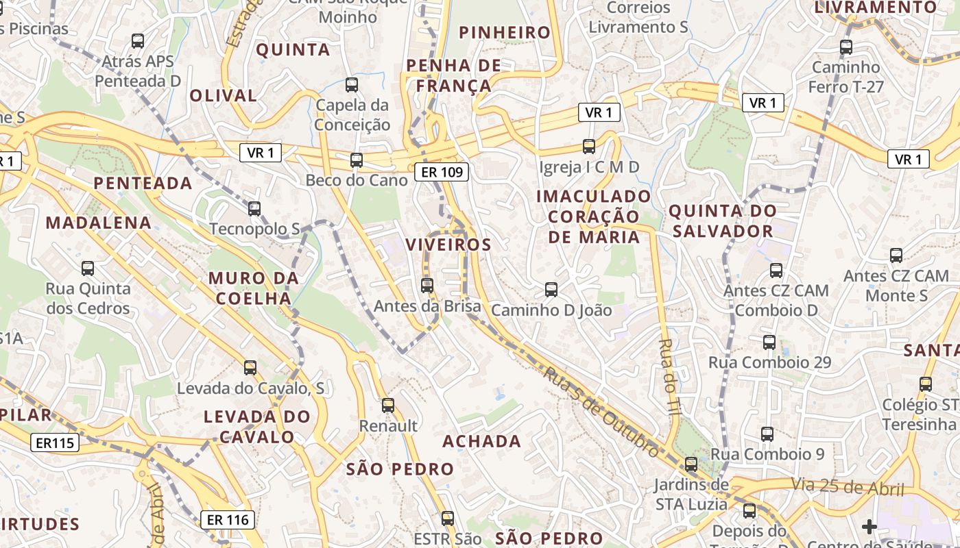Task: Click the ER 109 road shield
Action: (442, 172)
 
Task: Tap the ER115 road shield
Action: (55, 443)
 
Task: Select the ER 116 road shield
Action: (228, 520)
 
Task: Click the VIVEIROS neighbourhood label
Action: (448, 245)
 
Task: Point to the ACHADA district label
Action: (481, 441)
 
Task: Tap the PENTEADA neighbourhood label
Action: (143, 183)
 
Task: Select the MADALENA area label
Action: (99, 223)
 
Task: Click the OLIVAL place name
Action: (223, 95)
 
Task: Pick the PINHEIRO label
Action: (505, 32)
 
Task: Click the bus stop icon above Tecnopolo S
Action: (254, 208)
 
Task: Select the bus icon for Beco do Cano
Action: (357, 160)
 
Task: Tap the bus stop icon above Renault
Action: (388, 406)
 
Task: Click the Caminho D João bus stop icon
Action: (551, 290)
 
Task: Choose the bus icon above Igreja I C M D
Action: (589, 146)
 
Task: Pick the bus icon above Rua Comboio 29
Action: (769, 342)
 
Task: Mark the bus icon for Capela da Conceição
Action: (352, 85)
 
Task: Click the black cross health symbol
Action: (869, 526)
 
